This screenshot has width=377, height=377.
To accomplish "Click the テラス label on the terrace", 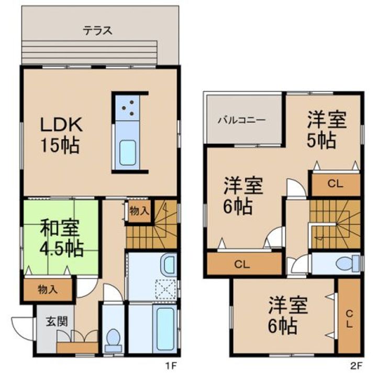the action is click(x=97, y=31).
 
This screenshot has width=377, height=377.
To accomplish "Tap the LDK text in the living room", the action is click(x=62, y=124).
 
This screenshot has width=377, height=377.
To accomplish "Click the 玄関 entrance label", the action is click(x=57, y=321).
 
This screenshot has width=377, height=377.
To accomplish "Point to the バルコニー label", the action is click(x=241, y=120).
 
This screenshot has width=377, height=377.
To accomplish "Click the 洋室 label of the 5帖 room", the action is click(x=327, y=119).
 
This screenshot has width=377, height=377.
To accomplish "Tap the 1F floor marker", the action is click(x=171, y=366).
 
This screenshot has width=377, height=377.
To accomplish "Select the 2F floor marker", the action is click(x=356, y=366).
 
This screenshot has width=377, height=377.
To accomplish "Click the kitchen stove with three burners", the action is click(x=127, y=108).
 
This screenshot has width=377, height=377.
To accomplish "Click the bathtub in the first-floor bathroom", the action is click(x=165, y=329).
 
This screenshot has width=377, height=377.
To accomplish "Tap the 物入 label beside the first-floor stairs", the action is click(x=139, y=212).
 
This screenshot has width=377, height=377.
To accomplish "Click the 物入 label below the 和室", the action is click(x=48, y=290).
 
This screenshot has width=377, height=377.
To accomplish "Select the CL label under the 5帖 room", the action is click(x=335, y=184).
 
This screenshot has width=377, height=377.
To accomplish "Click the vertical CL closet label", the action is click(x=349, y=319).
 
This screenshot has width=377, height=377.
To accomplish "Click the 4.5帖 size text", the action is click(x=62, y=248).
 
